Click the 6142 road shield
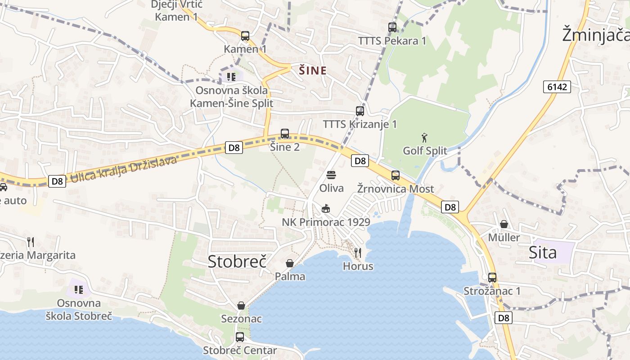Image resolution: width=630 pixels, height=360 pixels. click(x=557, y=87)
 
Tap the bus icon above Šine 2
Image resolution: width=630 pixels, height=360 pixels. click(x=285, y=133)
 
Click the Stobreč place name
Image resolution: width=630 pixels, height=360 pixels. click(x=237, y=261)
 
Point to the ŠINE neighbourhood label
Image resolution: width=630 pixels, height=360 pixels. click(x=313, y=71)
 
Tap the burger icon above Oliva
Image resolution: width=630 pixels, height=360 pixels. click(x=331, y=175)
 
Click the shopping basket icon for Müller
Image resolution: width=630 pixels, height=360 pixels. click(x=504, y=224)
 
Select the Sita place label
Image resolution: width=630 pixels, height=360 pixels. click(x=543, y=252)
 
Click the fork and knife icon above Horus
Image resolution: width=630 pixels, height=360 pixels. click(x=358, y=252)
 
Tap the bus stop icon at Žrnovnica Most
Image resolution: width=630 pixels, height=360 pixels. click(x=395, y=175)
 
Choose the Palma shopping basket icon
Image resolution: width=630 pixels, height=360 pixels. click(x=290, y=263)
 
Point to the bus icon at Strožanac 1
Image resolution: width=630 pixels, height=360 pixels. click(x=492, y=278)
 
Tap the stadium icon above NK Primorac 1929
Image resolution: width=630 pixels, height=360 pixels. click(x=326, y=208)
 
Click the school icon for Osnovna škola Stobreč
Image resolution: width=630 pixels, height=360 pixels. click(x=79, y=289)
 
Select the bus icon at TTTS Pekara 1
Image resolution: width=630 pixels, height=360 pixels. click(x=392, y=27)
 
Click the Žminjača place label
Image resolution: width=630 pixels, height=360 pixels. click(x=595, y=35)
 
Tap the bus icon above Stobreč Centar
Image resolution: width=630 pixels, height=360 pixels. click(x=240, y=337)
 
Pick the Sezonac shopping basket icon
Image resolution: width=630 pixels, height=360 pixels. click(x=241, y=306)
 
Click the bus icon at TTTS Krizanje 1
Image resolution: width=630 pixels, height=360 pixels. click(x=360, y=111)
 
